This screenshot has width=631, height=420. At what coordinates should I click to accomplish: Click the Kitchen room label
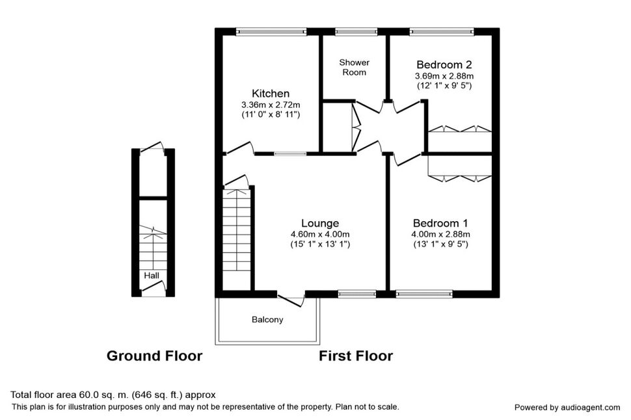pos(271,94)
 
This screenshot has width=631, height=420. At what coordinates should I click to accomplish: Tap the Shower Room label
pos(354,67)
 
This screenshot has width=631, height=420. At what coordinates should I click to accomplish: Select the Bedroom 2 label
pos(444,64)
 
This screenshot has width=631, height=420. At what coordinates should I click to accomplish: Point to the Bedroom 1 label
pos(440,223)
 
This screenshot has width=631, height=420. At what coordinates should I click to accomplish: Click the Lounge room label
pos(320,223)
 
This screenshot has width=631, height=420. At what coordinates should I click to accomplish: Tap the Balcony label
pos(267,319)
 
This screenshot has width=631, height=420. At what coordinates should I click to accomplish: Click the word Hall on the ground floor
pos(152,276)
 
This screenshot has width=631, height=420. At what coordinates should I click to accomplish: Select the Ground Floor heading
pos(154,356)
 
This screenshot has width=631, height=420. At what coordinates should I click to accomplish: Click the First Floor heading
pos(356,356)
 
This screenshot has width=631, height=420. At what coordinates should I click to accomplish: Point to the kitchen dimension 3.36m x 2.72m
pos(271,105)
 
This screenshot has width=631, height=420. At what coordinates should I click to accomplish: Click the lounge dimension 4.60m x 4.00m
pos(320,234)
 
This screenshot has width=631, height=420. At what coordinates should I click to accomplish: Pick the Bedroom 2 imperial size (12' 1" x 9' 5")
pos(444,85)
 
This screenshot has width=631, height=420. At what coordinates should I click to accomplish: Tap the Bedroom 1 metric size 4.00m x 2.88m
pos(440,234)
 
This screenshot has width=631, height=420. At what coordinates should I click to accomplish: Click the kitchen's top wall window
pos(271,32)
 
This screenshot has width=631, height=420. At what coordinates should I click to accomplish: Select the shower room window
pos(356,32)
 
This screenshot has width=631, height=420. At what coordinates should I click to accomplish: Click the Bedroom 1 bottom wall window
pos(424,294)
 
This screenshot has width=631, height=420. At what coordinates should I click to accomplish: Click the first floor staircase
pos(237,239)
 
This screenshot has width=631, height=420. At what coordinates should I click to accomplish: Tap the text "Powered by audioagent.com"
pos(567,408)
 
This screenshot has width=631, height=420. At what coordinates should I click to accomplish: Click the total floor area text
pos(113,395)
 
